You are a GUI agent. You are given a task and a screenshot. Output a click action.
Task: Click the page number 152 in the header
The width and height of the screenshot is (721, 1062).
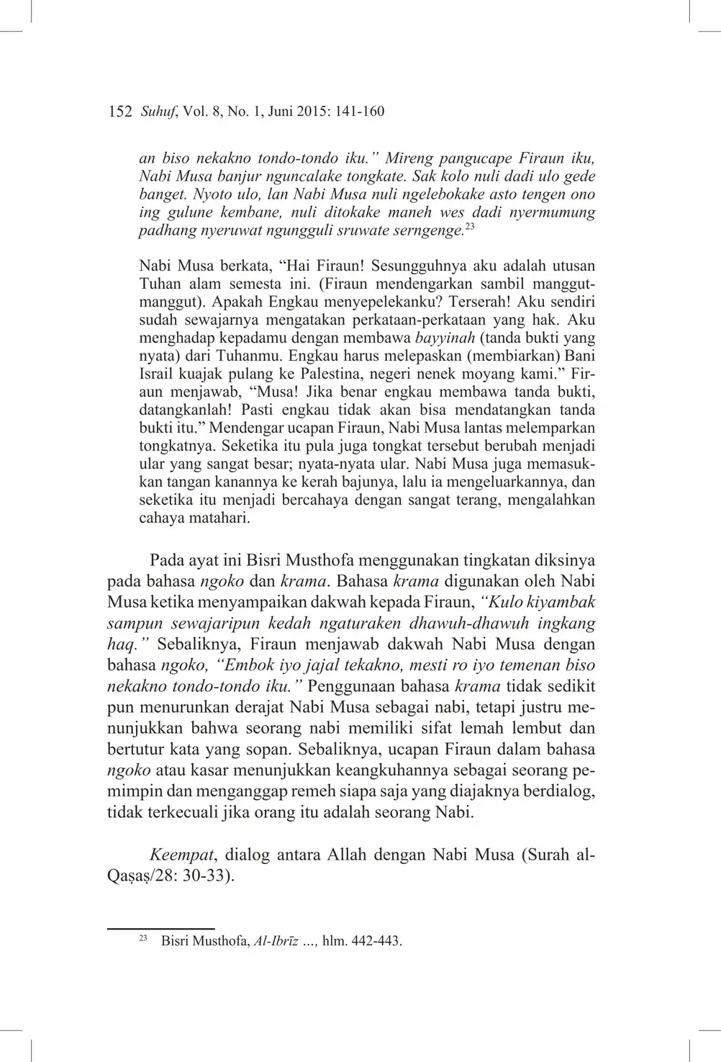pyautogui.click(x=119, y=111)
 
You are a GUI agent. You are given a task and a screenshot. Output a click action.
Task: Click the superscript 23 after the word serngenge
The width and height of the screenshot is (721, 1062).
pyautogui.click(x=469, y=227)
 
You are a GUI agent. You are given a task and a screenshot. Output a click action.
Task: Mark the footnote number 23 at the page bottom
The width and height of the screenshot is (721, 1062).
pyautogui.click(x=142, y=939)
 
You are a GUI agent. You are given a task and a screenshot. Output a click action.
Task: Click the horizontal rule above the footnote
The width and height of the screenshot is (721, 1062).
pyautogui.click(x=160, y=929)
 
